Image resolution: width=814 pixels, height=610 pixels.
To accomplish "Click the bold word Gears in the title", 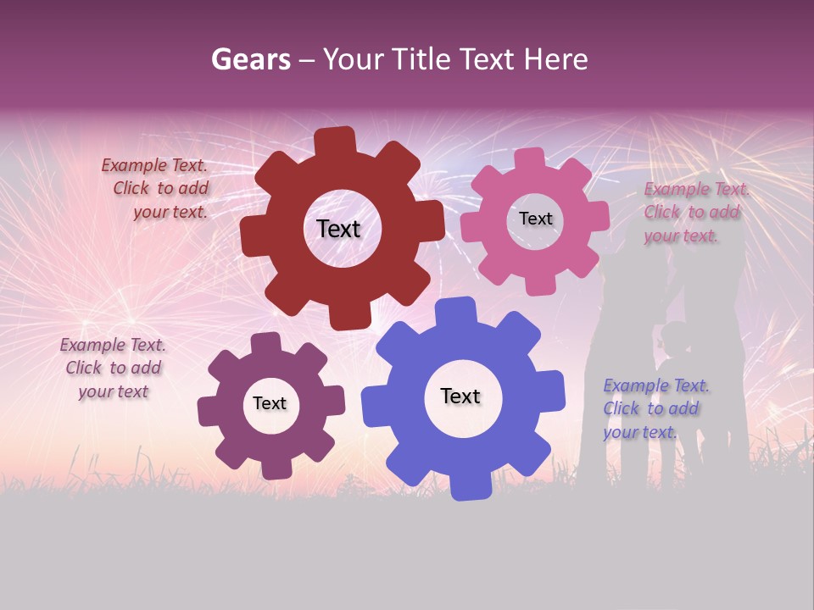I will point(250,59).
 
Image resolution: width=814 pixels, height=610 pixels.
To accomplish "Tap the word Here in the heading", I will point(555,59).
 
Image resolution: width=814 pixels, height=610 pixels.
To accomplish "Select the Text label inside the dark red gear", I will point(338,229).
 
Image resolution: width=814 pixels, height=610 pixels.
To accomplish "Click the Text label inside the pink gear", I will point(535,219).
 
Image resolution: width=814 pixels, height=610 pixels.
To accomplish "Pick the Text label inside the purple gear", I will point(270,403).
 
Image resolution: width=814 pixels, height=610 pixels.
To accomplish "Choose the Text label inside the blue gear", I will point(460,396).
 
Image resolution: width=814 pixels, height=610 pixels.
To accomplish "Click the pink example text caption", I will point(695,213).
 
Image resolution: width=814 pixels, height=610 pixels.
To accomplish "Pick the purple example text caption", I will point(113,368).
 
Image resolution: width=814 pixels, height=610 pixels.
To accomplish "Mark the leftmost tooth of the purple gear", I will point(209,412).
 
